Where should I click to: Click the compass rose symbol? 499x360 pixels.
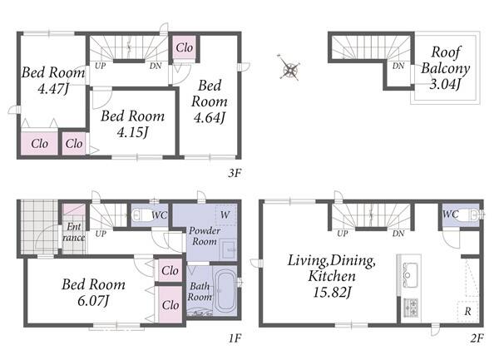click(289, 69)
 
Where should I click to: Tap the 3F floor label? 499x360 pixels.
click(235, 173)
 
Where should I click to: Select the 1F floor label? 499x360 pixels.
click(235, 338)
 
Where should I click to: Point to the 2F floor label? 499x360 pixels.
click(477, 338)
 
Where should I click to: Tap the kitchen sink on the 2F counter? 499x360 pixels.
click(410, 274)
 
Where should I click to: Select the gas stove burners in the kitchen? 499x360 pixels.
click(411, 307)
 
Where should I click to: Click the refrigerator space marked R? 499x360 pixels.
click(467, 311)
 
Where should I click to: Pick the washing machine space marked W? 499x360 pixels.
click(225, 215)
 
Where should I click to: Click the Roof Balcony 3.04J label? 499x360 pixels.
click(446, 67)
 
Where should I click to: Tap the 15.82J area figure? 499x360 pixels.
click(332, 292)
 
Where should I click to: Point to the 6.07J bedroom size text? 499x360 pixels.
click(93, 300)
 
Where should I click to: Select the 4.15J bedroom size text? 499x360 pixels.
click(133, 132)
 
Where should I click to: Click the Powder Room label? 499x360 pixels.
click(205, 235)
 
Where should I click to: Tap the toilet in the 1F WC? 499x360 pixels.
click(140, 215)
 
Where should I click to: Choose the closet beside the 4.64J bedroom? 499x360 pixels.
click(185, 47)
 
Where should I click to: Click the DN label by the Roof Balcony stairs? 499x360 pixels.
click(398, 66)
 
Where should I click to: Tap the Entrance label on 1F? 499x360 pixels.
click(74, 232)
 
